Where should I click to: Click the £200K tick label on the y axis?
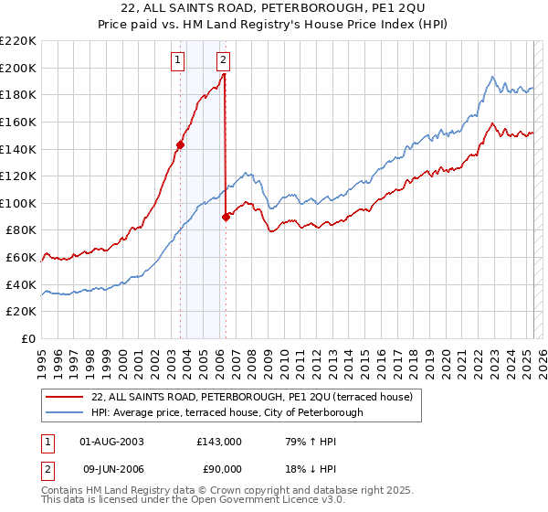coord(18,68)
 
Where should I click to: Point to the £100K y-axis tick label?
coord(18,203)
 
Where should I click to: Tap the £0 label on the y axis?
coord(28,339)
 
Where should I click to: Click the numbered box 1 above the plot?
coord(177,61)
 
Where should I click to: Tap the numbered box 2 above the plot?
coord(224,61)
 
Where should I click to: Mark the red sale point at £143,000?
coord(181,144)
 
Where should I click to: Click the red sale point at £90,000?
coord(226,217)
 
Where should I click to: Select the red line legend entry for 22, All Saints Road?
coord(252,397)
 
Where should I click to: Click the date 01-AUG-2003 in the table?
coord(113,441)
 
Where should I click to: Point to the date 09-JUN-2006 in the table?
coord(112,467)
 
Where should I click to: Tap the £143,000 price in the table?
coord(219,441)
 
